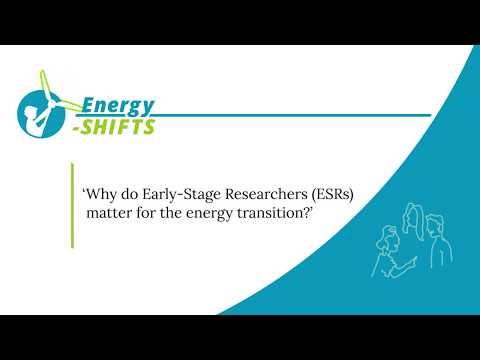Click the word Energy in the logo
(x=118, y=105)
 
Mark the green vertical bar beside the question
(x=73, y=204)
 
